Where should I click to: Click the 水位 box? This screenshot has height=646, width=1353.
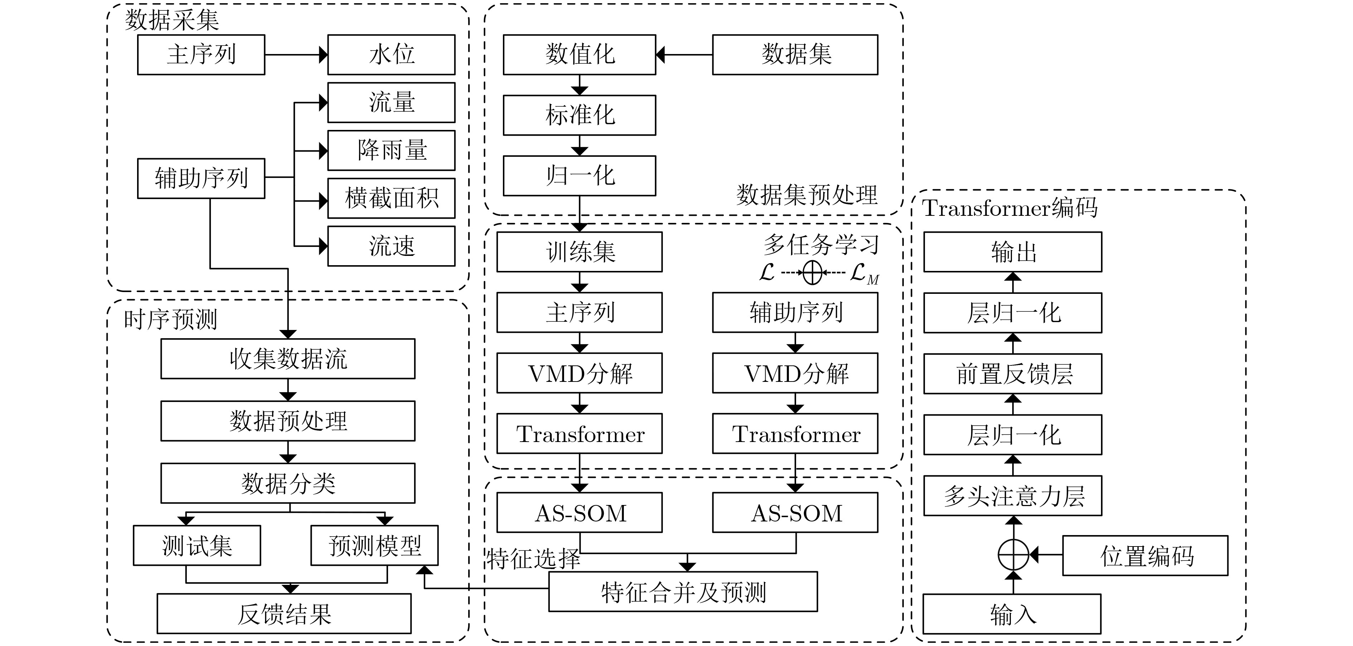pyautogui.click(x=391, y=55)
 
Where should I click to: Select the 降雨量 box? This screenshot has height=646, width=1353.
pyautogui.click(x=391, y=150)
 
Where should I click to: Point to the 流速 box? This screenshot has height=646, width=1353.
pyautogui.click(x=391, y=246)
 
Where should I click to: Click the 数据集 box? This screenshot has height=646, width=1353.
pyautogui.click(x=795, y=55)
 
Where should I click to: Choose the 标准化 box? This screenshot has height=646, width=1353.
pyautogui.click(x=579, y=115)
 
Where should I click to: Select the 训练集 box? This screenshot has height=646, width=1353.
pyautogui.click(x=579, y=252)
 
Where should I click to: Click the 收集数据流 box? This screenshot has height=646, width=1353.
pyautogui.click(x=288, y=359)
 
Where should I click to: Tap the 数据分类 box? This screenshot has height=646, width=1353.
pyautogui.click(x=288, y=483)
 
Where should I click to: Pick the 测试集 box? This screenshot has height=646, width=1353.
pyautogui.click(x=197, y=546)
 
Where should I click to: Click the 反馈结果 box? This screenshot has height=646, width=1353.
pyautogui.click(x=284, y=614)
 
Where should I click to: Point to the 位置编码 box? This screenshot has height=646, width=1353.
pyautogui.click(x=1145, y=556)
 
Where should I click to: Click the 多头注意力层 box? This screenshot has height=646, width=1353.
pyautogui.click(x=1013, y=496)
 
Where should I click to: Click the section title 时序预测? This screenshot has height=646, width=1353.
pyautogui.click(x=171, y=319)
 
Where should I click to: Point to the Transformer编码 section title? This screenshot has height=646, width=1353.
pyautogui.click(x=1009, y=208)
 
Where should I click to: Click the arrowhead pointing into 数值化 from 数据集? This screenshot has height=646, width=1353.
pyautogui.click(x=661, y=55)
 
